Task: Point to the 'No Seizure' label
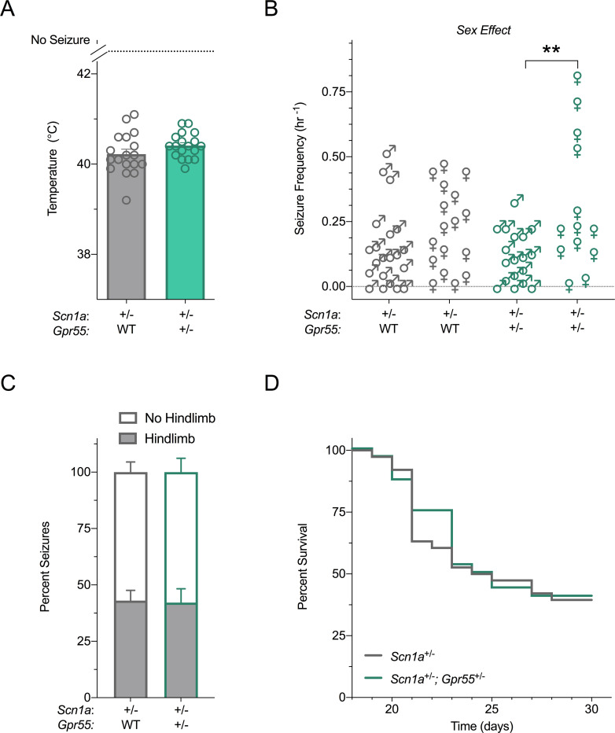click(61, 39)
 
